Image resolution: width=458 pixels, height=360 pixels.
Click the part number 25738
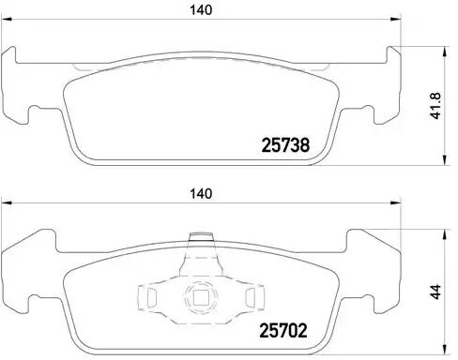(285, 145)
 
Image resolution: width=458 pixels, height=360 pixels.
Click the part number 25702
(283, 330)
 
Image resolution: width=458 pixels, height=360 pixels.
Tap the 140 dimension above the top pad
(201, 10)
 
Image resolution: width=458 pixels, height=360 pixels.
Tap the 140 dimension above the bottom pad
(201, 194)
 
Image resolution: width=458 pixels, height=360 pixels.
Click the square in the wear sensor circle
(201, 297)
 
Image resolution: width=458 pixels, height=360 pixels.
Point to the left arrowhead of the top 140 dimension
(7, 20)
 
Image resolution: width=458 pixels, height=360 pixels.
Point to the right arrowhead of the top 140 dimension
(396, 20)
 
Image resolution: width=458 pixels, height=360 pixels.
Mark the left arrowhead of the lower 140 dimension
(7, 203)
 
